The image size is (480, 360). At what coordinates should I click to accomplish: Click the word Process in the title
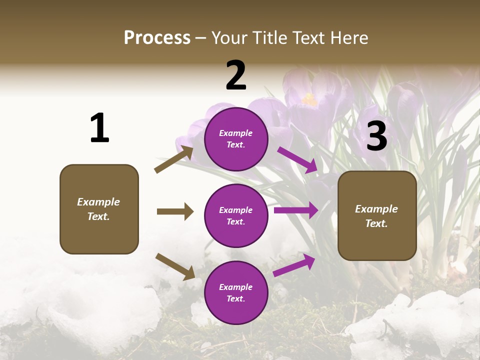(x=157, y=38)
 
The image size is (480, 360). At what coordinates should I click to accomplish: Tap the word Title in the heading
(x=268, y=38)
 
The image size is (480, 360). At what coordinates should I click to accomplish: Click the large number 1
(x=99, y=128)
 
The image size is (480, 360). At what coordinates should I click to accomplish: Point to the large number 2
(x=236, y=75)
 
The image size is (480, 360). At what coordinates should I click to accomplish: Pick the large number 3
(x=376, y=136)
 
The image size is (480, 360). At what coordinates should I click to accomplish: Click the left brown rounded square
(x=99, y=209)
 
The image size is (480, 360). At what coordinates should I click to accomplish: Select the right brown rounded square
(x=377, y=215)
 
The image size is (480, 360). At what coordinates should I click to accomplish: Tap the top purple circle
(x=236, y=138)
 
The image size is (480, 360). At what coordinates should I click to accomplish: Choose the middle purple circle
(x=236, y=215)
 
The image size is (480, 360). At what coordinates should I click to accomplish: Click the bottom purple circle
(x=236, y=292)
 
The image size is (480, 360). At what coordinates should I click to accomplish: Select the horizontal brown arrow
(x=175, y=211)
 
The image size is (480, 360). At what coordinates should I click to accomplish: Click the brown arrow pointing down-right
(x=175, y=266)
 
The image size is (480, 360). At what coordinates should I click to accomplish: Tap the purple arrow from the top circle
(x=298, y=159)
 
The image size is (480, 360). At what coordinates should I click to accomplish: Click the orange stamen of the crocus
(x=309, y=100)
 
